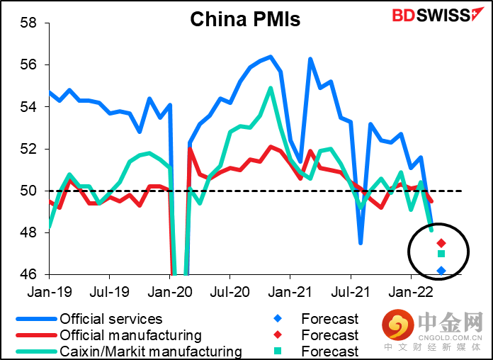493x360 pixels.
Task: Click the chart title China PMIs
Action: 245,19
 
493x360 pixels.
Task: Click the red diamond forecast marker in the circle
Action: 441,243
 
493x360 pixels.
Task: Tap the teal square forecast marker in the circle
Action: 441,254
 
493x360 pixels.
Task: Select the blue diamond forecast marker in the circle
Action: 441,270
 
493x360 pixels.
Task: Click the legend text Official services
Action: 110,320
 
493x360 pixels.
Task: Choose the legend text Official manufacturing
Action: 130,335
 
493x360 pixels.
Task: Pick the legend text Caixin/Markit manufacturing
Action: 151,351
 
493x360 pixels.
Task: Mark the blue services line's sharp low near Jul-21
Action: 361,243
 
